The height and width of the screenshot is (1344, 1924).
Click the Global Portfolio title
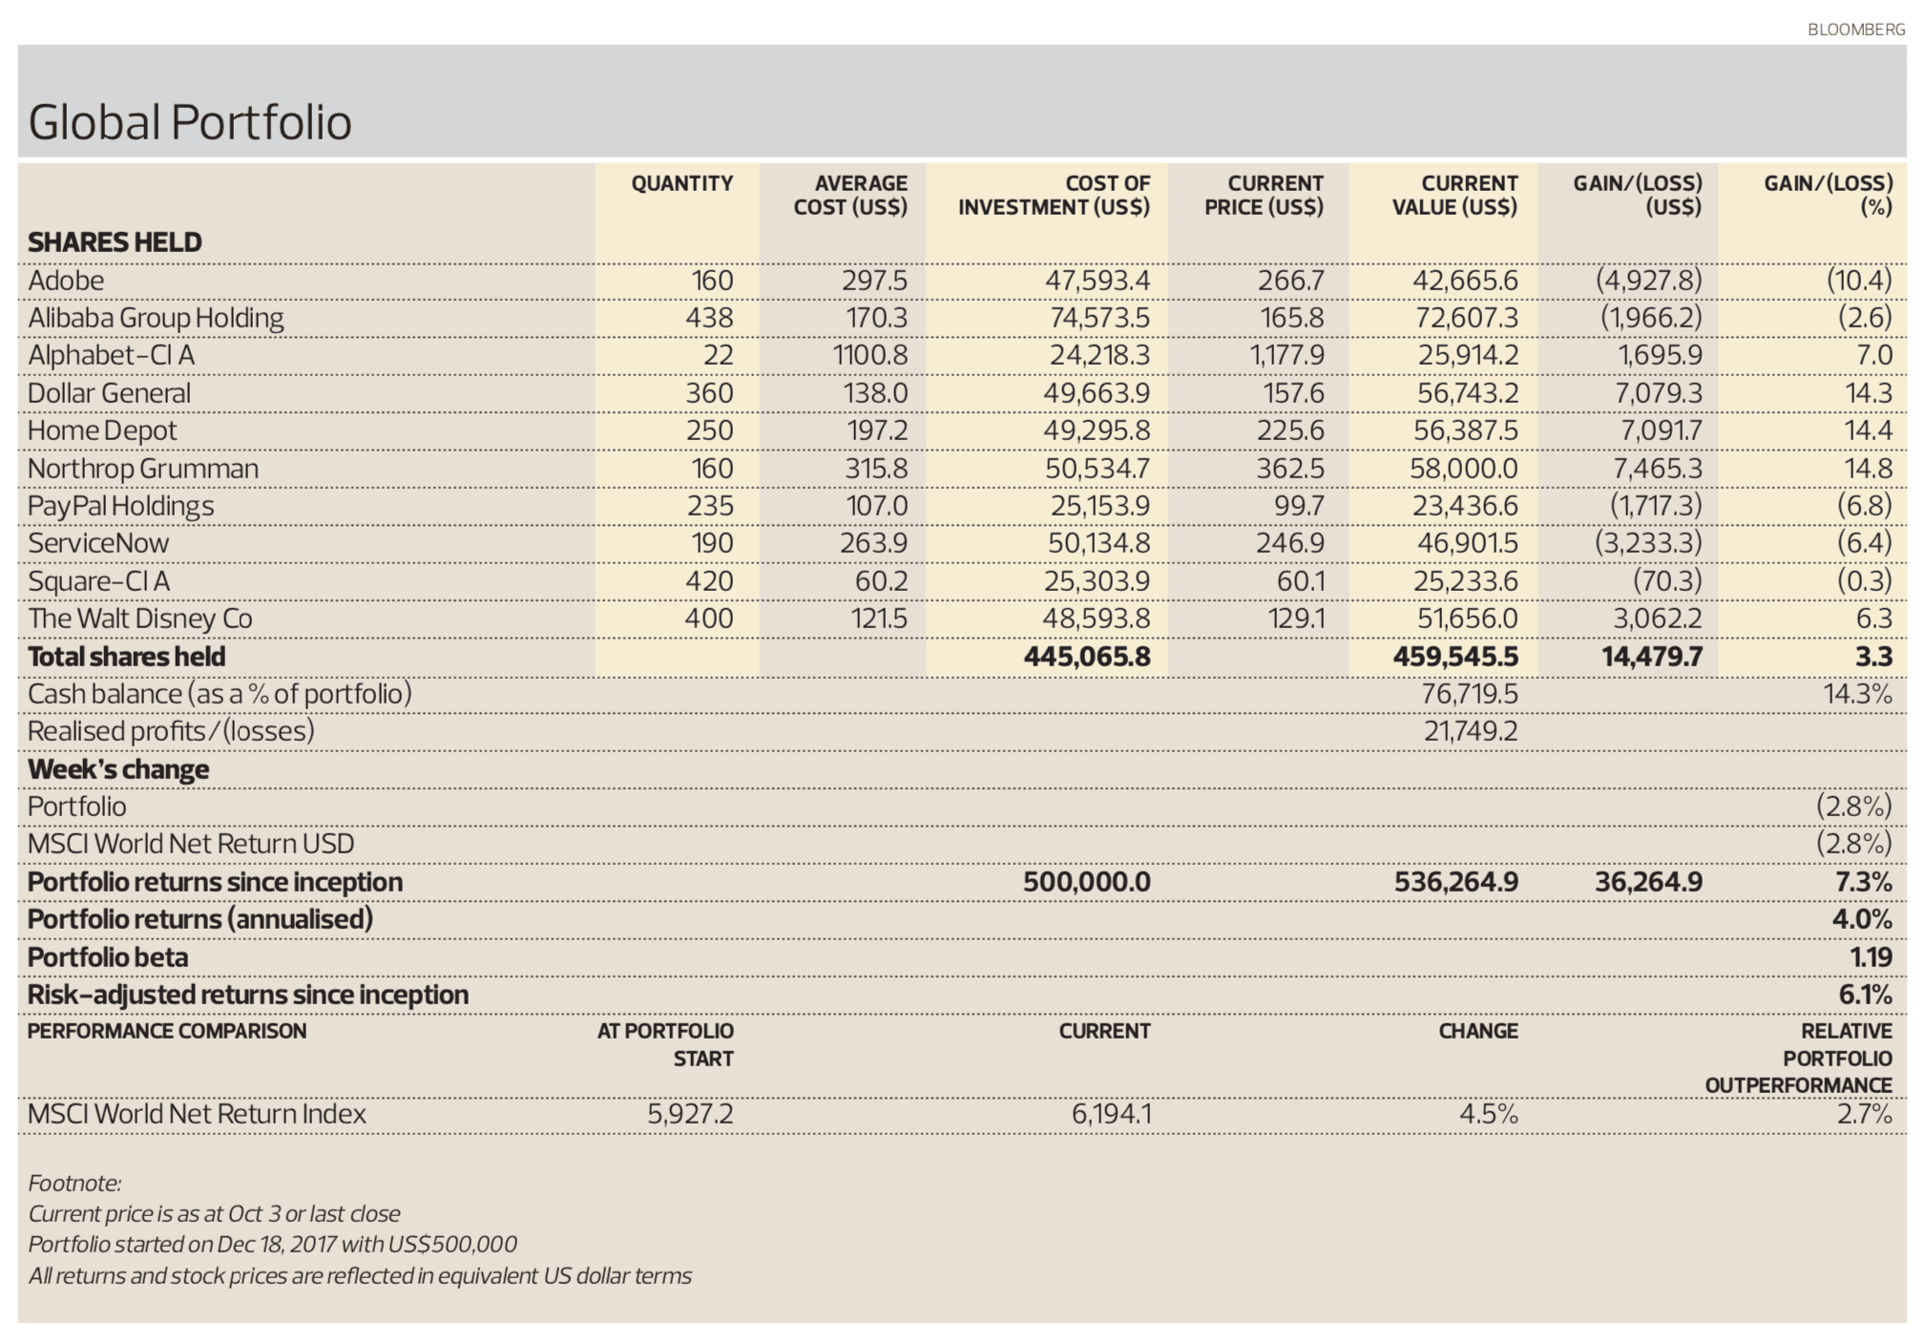pos(190,122)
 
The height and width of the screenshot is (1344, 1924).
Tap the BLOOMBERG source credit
pos(1855,30)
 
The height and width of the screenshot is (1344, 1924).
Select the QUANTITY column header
pos(681,183)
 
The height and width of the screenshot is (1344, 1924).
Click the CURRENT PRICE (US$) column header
pos(1263,195)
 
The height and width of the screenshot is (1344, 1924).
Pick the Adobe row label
pos(66,281)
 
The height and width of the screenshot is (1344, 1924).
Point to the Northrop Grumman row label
pos(143,469)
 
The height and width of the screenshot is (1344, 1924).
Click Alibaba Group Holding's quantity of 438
pos(709,318)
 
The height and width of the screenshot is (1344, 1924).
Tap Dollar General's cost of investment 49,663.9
pos(1096,393)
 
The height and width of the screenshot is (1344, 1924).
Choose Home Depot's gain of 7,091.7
pos(1661,430)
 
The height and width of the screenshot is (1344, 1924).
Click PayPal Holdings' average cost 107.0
pos(876,506)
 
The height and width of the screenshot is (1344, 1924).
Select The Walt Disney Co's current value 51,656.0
pos(1467,619)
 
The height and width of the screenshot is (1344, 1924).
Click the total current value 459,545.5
pos(1455,657)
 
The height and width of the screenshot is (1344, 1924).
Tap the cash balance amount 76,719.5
pos(1469,694)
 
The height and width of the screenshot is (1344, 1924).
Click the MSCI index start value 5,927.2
pos(690,1114)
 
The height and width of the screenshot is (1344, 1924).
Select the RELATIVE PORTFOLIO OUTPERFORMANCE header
pos(1798,1058)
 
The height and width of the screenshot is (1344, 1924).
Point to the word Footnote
pos(74,1184)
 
